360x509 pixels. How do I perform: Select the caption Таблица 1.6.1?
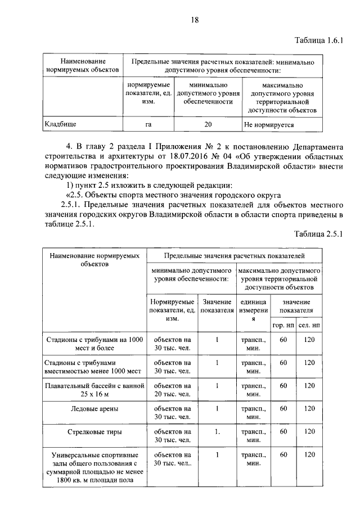(x=319, y=40)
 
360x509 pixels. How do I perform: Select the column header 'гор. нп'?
(x=283, y=325)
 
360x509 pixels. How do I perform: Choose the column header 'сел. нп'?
(x=309, y=325)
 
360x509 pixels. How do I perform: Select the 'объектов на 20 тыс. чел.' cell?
(x=172, y=390)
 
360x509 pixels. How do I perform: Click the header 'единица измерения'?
(x=253, y=310)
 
